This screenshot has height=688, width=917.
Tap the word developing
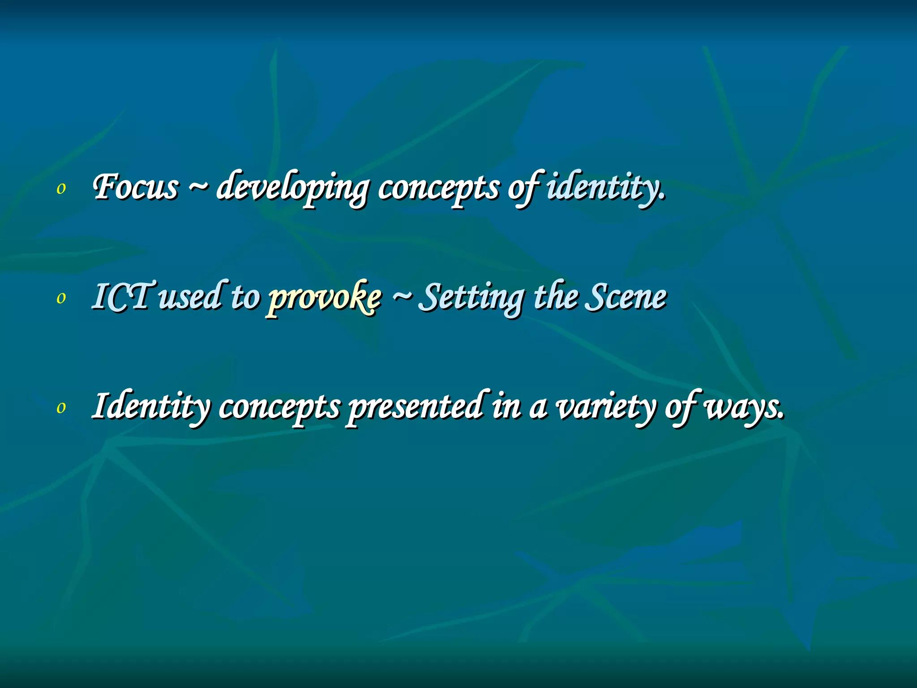[x=293, y=188]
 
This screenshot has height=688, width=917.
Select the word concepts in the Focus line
[x=438, y=188]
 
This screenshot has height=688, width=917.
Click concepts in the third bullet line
[x=280, y=408]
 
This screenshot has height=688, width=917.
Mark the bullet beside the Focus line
[x=61, y=189]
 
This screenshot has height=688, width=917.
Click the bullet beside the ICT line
[x=61, y=298]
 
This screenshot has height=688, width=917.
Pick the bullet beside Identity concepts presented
[x=61, y=408]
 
